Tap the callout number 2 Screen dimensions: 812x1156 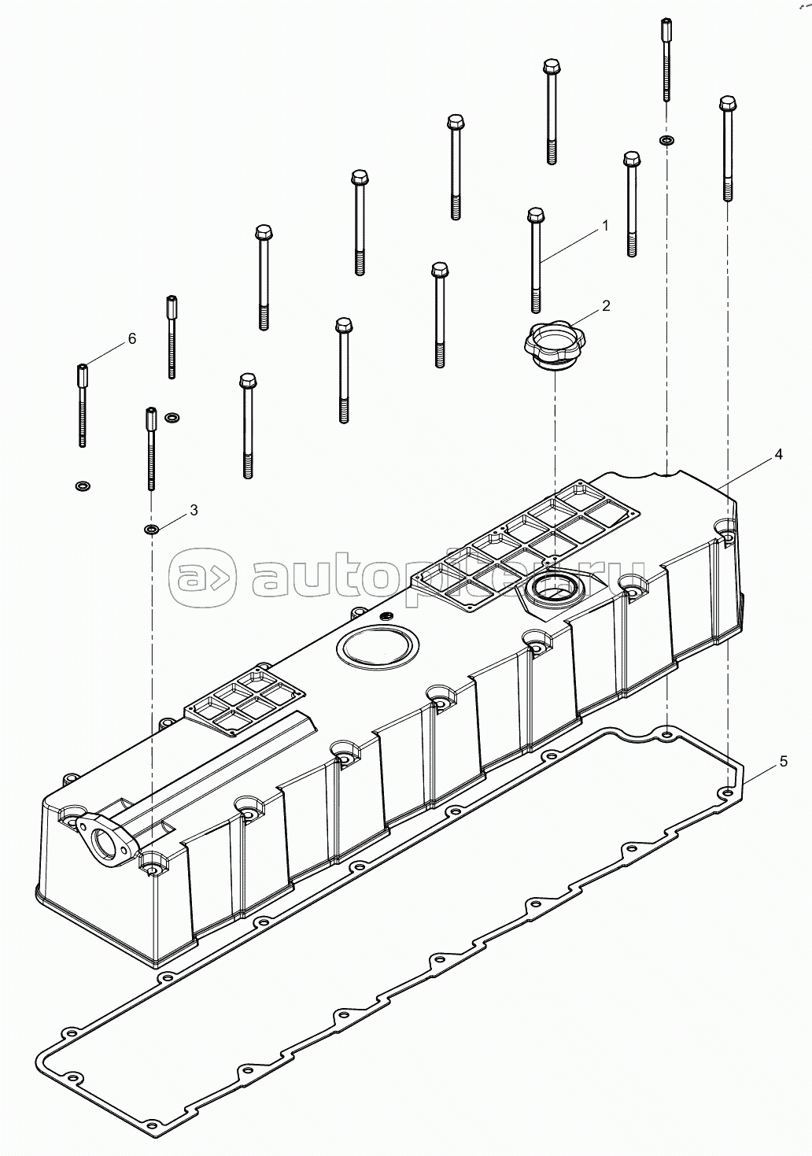click(606, 305)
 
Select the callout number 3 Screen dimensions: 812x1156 click(194, 510)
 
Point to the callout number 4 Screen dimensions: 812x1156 click(778, 454)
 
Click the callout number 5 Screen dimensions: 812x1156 click(783, 761)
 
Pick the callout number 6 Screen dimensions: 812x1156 click(132, 338)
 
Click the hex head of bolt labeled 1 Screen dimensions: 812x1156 click(536, 214)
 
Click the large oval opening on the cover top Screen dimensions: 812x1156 click(377, 645)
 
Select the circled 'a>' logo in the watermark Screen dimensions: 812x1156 click(203, 577)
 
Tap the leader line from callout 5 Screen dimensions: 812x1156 click(758, 774)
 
